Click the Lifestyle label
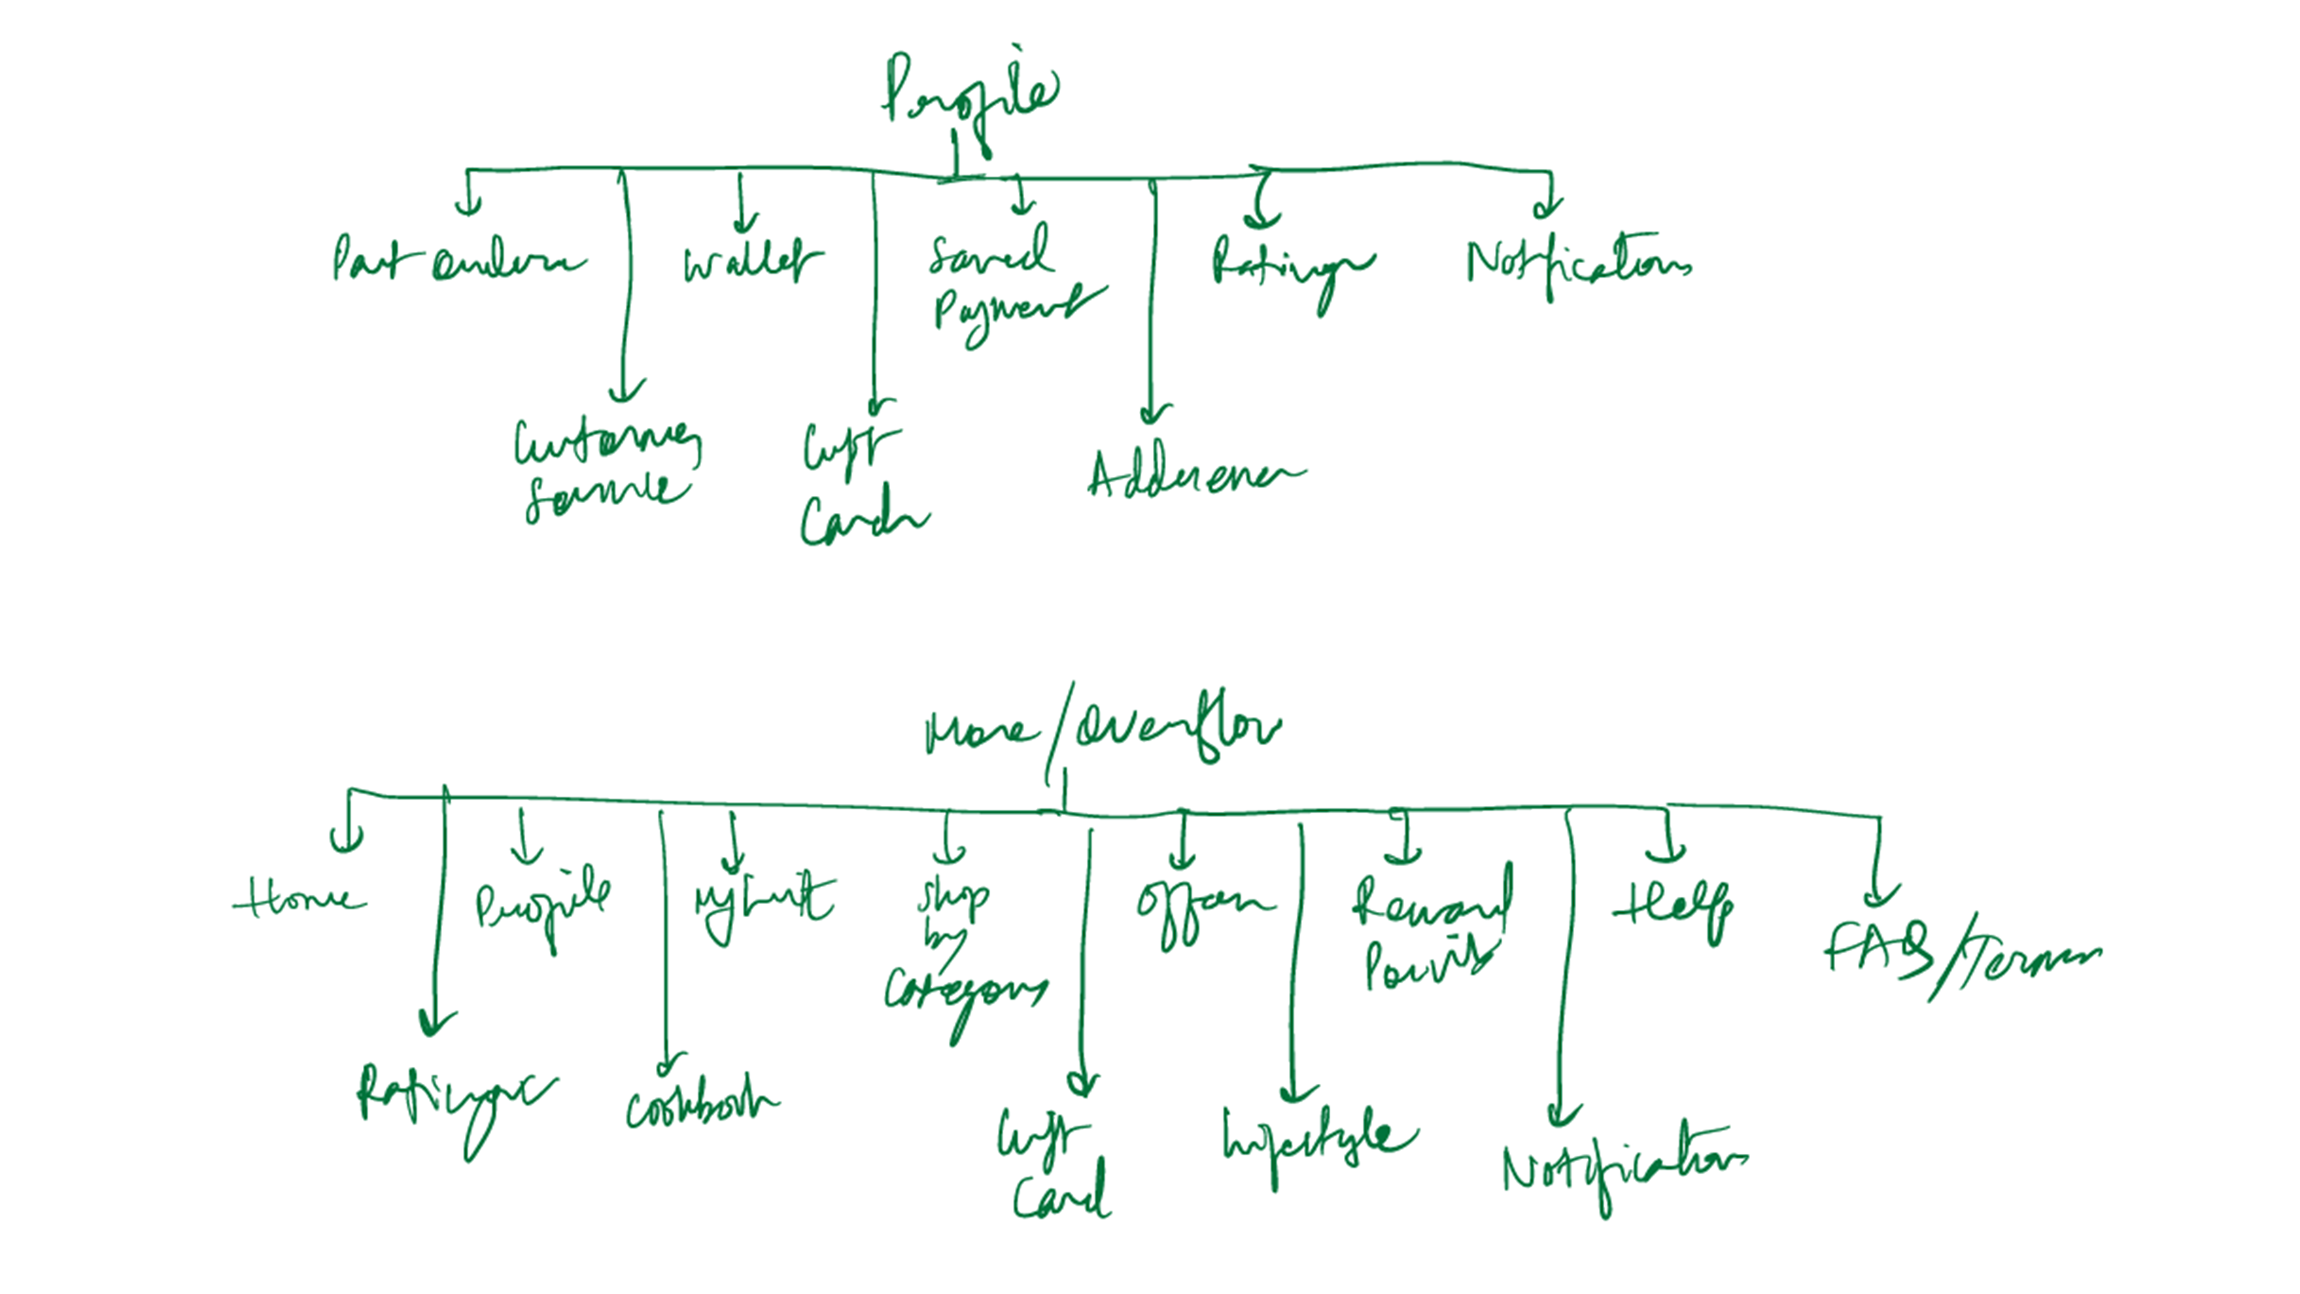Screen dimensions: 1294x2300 (1317, 1139)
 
